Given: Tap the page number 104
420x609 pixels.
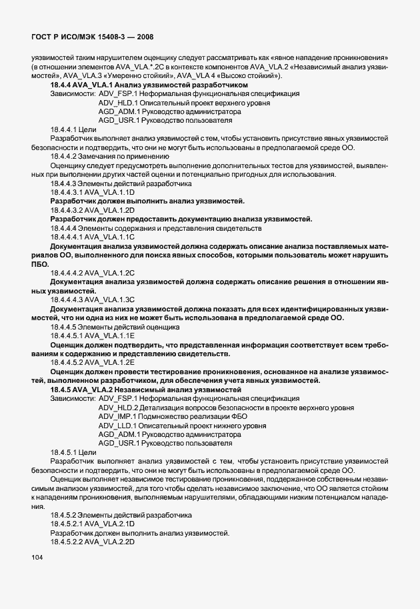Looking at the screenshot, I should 37,576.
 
